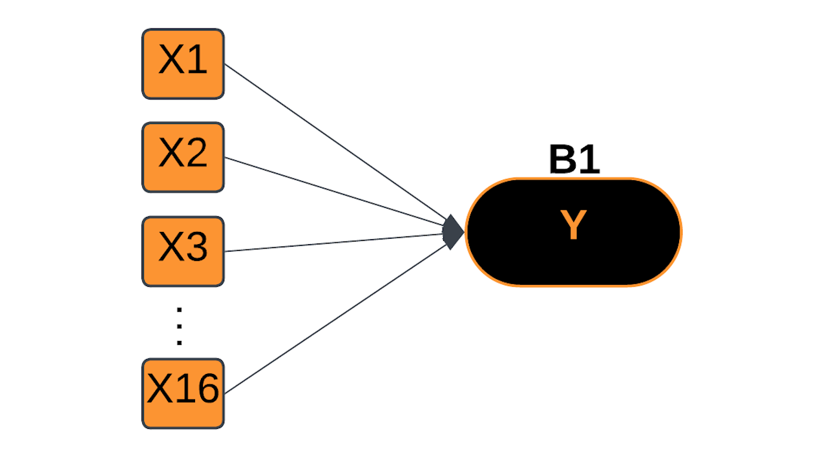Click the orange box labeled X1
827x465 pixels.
[183, 63]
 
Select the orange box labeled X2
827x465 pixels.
[183, 157]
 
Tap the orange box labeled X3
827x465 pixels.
[183, 251]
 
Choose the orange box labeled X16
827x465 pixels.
[183, 393]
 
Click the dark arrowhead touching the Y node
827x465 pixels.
[454, 232]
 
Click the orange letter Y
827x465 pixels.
[573, 226]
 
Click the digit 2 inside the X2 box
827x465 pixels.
[196, 154]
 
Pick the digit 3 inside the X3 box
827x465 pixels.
[196, 249]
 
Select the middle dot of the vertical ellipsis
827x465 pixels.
[180, 327]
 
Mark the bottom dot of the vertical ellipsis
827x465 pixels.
[180, 342]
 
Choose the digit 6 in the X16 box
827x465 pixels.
[206, 390]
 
